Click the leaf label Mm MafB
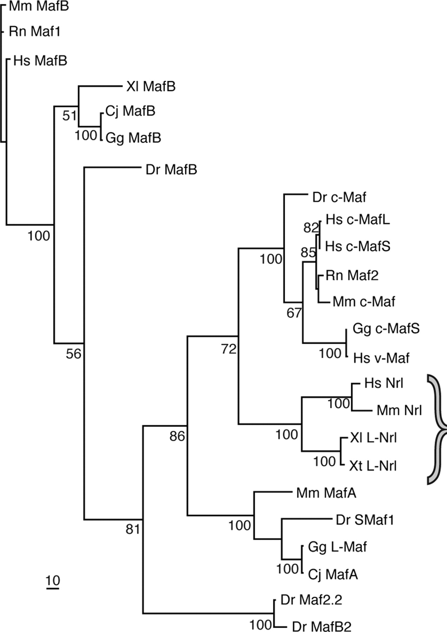39,6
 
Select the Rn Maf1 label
35,32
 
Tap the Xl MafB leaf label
151,86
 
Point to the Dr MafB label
171,170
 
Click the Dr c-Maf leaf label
339,198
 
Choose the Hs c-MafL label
357,220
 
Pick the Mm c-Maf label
364,302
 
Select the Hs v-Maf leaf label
381,358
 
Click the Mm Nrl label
399,410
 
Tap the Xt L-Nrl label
373,466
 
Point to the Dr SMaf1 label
365,520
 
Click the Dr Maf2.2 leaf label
311,600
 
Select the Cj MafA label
333,575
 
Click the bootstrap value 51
69,116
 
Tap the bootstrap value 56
73,354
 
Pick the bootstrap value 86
177,436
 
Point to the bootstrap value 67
294,313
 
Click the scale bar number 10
53,581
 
